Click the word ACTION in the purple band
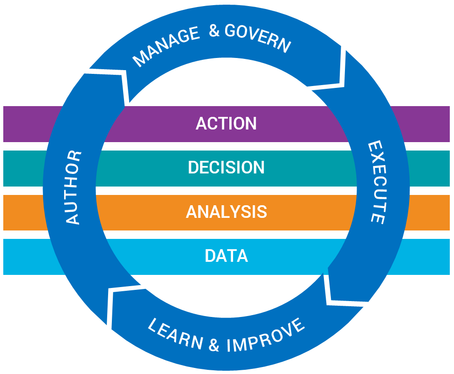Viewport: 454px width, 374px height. (x=226, y=123)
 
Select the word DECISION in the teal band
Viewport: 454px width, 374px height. (x=226, y=167)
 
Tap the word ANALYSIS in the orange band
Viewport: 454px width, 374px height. (x=226, y=212)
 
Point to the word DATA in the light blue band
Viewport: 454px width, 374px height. (x=226, y=256)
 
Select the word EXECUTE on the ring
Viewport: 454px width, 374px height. (x=376, y=182)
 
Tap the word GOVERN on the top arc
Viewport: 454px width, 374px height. (x=258, y=37)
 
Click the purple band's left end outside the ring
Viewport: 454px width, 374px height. (x=23, y=124)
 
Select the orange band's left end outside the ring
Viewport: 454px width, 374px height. (x=23, y=212)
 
